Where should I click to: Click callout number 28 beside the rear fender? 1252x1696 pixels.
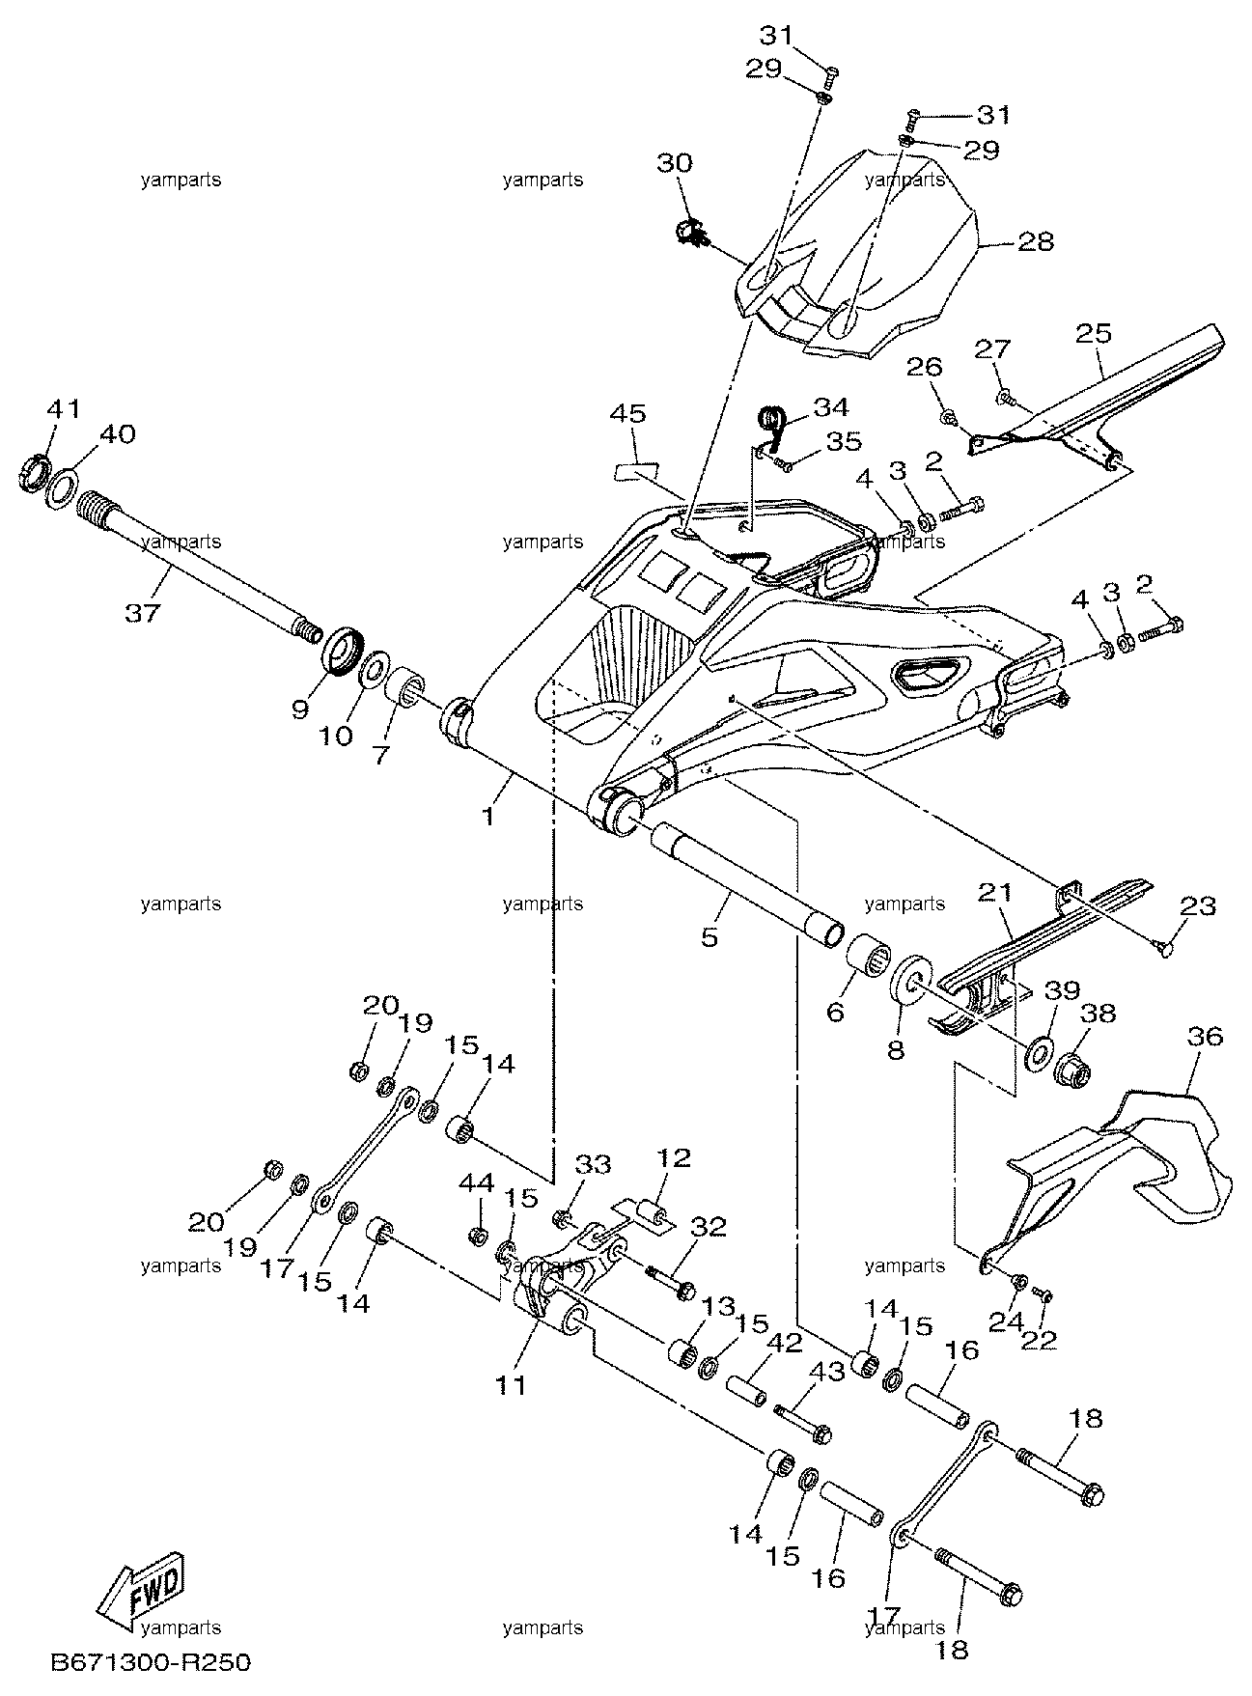coord(1037,240)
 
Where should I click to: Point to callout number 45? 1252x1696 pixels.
coord(627,414)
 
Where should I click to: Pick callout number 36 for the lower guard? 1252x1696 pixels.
coord(1207,1037)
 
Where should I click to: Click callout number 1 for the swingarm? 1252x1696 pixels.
coord(488,817)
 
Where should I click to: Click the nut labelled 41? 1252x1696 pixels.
coord(34,473)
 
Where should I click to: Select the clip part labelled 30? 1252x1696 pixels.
coord(688,232)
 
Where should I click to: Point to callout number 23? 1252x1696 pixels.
coord(1197,906)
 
